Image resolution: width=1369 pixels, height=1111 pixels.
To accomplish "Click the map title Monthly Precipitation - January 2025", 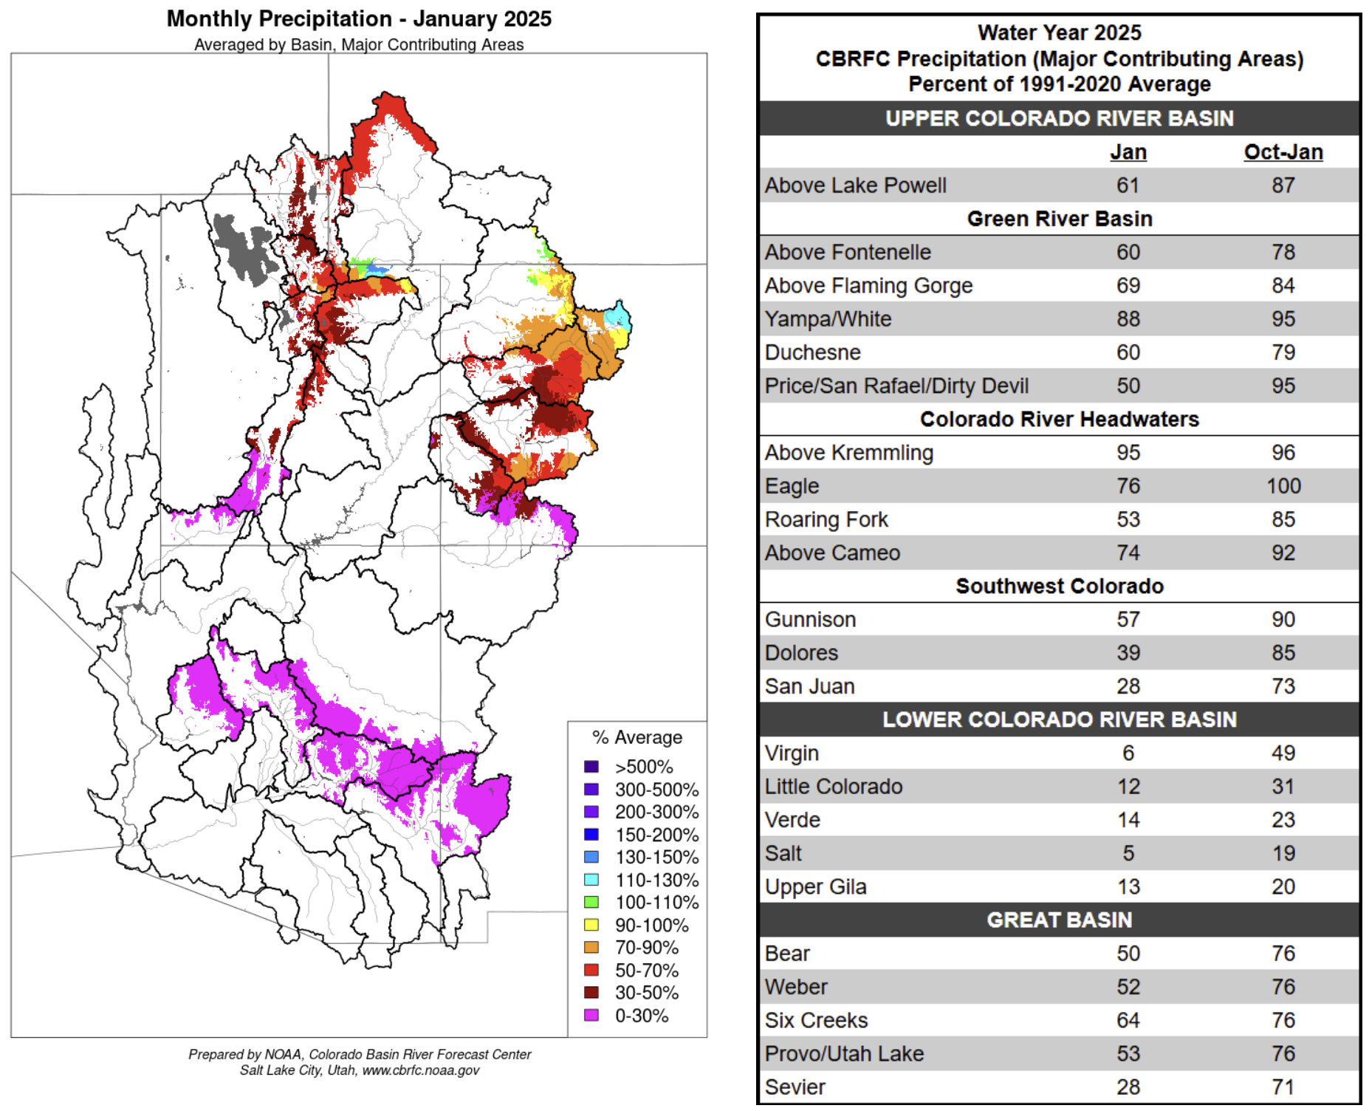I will [359, 18].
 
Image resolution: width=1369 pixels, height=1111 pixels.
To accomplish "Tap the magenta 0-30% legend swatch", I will [591, 1015].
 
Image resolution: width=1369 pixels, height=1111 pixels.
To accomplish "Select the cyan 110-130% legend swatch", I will [591, 879].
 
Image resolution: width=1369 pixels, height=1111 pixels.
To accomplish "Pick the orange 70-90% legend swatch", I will [591, 947].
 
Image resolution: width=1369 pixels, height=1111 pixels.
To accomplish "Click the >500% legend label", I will [644, 767].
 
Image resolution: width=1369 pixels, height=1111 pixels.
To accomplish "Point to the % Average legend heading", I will [637, 737].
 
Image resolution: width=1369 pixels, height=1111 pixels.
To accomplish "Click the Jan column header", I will [1128, 152].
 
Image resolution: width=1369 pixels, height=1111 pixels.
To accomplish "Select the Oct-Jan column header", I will [1283, 152].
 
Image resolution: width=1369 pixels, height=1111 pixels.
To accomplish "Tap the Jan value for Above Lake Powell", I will [1128, 185].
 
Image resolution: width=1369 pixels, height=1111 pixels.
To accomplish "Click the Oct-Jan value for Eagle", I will [1283, 486].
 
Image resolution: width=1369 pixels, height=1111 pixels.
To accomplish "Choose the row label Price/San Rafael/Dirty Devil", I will [896, 386].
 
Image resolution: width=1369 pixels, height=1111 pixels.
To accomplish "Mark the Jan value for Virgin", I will [1128, 753].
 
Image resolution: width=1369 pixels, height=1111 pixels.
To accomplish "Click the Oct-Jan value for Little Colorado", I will [1283, 787].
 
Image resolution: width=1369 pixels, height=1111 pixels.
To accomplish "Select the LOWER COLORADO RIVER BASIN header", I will [1060, 719].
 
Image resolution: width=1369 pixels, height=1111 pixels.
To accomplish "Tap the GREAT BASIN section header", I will [1060, 920].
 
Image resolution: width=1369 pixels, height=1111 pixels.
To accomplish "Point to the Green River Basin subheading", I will [1060, 219].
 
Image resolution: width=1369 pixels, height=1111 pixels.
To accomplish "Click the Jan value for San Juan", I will [1128, 686].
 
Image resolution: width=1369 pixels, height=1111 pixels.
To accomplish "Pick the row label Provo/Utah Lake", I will [844, 1053].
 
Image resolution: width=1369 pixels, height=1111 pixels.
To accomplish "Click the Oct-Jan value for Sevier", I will [1283, 1087].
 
